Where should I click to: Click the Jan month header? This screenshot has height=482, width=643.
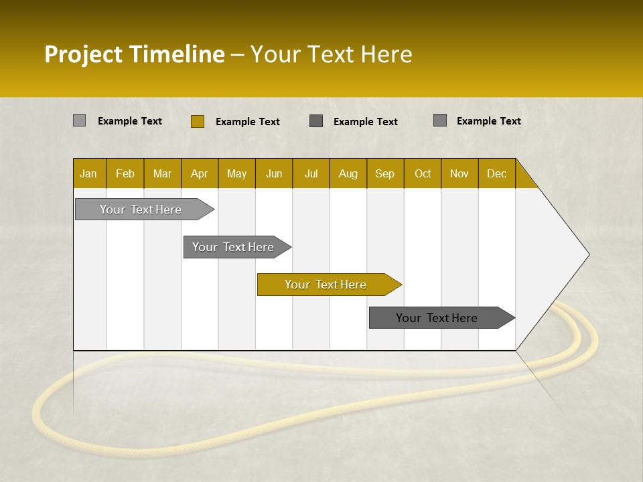click(89, 173)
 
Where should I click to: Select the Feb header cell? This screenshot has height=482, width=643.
click(125, 173)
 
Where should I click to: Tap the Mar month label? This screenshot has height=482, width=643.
click(162, 173)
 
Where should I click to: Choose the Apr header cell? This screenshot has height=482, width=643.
click(200, 173)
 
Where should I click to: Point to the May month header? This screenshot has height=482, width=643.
click(236, 173)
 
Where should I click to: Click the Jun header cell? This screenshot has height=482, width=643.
click(274, 173)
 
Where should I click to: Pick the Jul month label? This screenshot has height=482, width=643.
click(311, 173)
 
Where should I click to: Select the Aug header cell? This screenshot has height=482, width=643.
click(348, 173)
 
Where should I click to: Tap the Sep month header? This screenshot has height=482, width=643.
click(385, 173)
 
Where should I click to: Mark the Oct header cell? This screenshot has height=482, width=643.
click(423, 173)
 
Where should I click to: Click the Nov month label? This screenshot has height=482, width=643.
click(459, 173)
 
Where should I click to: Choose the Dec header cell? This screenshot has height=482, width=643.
click(497, 173)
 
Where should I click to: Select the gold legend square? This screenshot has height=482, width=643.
click(197, 121)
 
